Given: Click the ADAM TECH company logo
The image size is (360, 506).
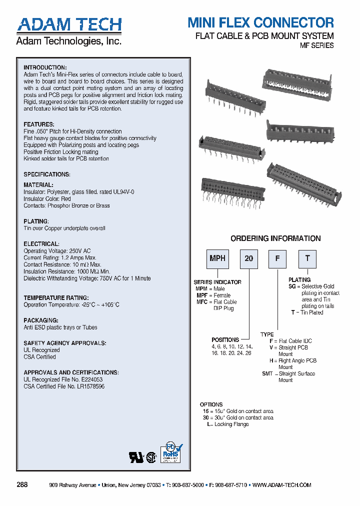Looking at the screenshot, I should click(69, 25).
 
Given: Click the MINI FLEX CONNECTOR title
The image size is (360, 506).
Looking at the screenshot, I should click(260, 22).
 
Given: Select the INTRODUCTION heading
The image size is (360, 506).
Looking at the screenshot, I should click(45, 67).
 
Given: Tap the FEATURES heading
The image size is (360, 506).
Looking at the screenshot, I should click(38, 124).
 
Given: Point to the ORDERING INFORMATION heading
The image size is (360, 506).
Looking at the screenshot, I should click(275, 238).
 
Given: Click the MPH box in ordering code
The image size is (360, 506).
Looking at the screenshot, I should click(217, 259).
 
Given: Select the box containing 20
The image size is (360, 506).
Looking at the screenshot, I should click(248, 259).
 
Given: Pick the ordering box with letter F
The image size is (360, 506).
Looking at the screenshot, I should click(278, 259).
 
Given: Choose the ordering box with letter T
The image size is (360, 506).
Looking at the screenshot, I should click(307, 259).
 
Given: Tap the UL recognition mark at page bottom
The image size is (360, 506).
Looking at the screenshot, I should click(136, 458).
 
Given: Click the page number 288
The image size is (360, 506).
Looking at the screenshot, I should click(22, 485).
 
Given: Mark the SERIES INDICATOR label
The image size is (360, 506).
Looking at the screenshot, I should click(217, 282).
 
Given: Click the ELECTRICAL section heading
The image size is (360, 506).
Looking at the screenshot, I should click(41, 244).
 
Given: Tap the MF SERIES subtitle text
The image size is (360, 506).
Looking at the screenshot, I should click(316, 45).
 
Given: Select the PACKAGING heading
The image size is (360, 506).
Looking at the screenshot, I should click(41, 320).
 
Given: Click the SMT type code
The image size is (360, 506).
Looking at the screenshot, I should click(267, 373).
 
